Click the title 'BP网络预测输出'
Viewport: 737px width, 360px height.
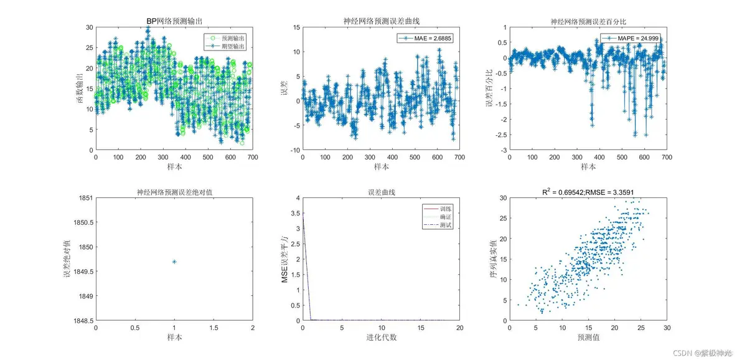(174, 22)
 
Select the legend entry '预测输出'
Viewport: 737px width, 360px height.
(234, 38)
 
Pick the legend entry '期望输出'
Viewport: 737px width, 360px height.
(234, 46)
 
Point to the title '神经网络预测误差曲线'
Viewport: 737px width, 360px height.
(381, 22)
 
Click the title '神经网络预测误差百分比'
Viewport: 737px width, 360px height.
(588, 22)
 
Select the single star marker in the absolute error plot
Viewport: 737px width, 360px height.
(174, 262)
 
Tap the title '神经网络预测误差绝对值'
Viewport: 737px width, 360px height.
(174, 192)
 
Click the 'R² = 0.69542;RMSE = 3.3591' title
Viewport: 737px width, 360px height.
(588, 192)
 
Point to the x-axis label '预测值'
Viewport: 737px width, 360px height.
(588, 338)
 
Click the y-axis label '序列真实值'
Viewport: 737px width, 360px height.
(494, 259)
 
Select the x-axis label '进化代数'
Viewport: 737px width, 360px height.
(381, 338)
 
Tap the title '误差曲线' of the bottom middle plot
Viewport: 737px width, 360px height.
(381, 192)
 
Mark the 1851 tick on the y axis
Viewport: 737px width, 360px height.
(83, 198)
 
